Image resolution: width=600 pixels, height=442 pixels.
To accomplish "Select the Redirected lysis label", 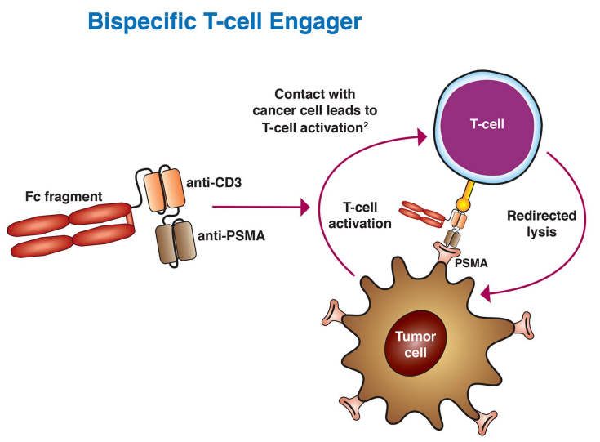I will point(542,224).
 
